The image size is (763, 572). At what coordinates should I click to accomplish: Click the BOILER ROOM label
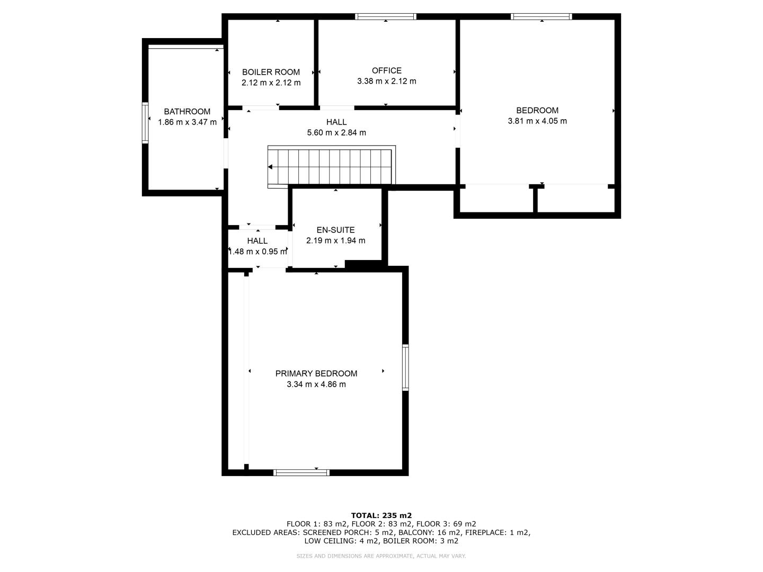pyautogui.click(x=271, y=72)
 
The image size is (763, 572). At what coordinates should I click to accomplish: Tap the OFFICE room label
pyautogui.click(x=387, y=70)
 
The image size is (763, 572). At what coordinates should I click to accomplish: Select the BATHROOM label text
pyautogui.click(x=187, y=111)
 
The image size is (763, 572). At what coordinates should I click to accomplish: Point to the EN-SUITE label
pyautogui.click(x=335, y=230)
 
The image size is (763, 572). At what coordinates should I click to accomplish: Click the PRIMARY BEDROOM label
pyautogui.click(x=316, y=374)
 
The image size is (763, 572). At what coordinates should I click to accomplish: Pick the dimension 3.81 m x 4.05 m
pyautogui.click(x=537, y=121)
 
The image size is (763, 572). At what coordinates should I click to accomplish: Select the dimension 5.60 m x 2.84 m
pyautogui.click(x=336, y=132)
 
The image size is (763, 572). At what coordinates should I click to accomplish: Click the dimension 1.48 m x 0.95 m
pyautogui.click(x=258, y=252)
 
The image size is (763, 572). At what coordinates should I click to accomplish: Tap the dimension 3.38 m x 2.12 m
pyautogui.click(x=387, y=81)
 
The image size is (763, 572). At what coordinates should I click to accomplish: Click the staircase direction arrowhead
pyautogui.click(x=270, y=167)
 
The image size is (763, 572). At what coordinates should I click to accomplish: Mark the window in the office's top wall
pyautogui.click(x=386, y=16)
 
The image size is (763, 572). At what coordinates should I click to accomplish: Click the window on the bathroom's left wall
pyautogui.click(x=145, y=122)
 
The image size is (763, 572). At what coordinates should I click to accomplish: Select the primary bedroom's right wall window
pyautogui.click(x=405, y=368)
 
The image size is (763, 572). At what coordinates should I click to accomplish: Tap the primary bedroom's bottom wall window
pyautogui.click(x=301, y=472)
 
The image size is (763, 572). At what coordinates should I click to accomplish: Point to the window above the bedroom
pyautogui.click(x=541, y=16)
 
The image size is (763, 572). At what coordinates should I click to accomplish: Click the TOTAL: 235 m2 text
pyautogui.click(x=381, y=515)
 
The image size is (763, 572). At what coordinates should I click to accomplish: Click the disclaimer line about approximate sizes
pyautogui.click(x=381, y=556)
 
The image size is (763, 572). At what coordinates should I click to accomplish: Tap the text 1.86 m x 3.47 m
pyautogui.click(x=187, y=122)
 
